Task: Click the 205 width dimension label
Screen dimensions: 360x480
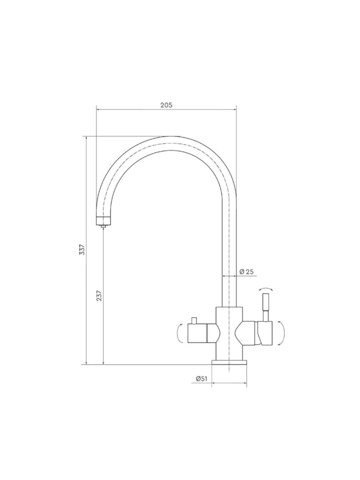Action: pyautogui.click(x=166, y=105)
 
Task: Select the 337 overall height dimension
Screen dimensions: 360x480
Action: pyautogui.click(x=82, y=249)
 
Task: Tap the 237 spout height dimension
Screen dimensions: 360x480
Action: pyautogui.click(x=99, y=296)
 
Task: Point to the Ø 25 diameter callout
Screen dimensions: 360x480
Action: pyautogui.click(x=246, y=272)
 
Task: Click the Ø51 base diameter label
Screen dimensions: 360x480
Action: pyautogui.click(x=201, y=379)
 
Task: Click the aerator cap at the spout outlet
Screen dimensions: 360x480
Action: pyautogui.click(x=103, y=220)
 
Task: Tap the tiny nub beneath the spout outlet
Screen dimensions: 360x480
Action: pyautogui.click(x=103, y=226)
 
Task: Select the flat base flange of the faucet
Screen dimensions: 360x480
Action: pyautogui.click(x=229, y=362)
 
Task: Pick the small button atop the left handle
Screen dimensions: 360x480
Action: pyautogui.click(x=194, y=320)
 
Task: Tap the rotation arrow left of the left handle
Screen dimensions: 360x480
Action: pyautogui.click(x=180, y=333)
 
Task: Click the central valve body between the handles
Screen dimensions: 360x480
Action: pyautogui.click(x=229, y=334)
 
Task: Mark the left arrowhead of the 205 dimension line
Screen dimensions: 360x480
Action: pyautogui.click(x=98, y=109)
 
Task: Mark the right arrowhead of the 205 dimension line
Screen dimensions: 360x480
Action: pyautogui.click(x=235, y=109)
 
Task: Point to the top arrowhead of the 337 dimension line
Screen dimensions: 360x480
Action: pyautogui.click(x=86, y=138)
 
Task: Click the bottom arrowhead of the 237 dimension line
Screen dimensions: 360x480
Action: pyautogui.click(x=103, y=363)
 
